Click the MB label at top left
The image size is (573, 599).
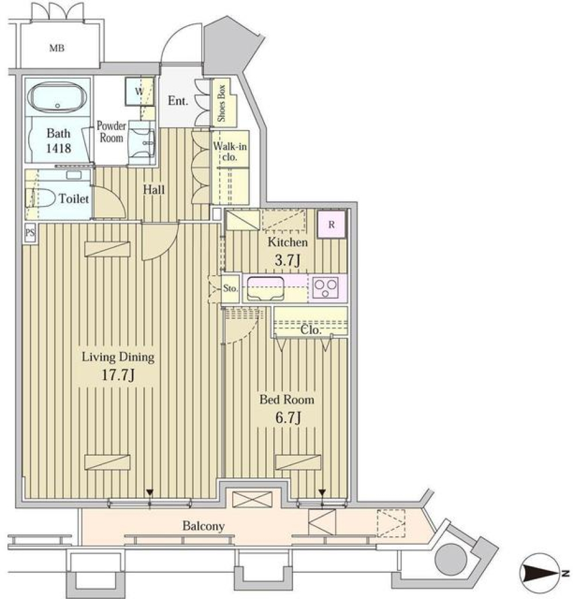point(57,47)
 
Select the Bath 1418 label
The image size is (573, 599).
point(58,141)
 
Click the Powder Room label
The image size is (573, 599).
point(112,132)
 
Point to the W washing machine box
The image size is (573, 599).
point(138,91)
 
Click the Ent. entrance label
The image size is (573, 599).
point(178,101)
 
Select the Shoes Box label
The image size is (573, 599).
point(221,104)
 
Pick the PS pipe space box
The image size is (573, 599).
point(29,233)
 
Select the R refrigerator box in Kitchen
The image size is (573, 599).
point(331,226)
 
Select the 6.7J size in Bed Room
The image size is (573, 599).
point(286,418)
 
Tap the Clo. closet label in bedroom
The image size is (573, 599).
point(312,330)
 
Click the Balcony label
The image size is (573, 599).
point(204,526)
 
